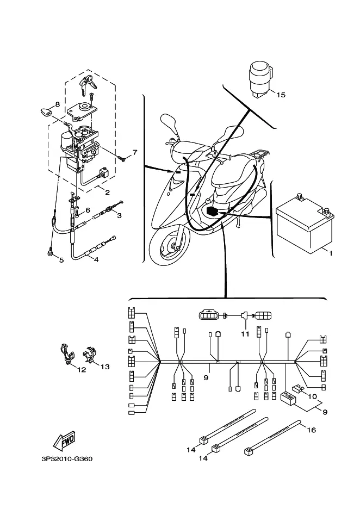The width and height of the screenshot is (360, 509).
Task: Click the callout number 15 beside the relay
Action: [x=281, y=95]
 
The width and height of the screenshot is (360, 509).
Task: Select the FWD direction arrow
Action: [x=64, y=441]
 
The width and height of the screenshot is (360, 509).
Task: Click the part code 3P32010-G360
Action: [x=67, y=459]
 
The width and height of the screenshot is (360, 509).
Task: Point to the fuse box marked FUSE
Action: [x=288, y=398]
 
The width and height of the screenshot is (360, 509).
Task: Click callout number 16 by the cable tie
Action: [x=311, y=430]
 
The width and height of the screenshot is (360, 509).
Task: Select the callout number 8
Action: [x=58, y=104]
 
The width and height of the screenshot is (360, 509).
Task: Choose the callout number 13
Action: [x=105, y=367]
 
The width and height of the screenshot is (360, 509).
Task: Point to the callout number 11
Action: [x=245, y=334]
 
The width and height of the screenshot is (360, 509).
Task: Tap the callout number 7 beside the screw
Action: [x=135, y=152]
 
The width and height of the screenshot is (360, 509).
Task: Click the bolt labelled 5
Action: [x=51, y=253]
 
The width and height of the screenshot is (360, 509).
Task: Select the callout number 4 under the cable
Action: [x=96, y=260]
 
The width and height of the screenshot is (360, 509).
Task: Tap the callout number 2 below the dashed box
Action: [x=107, y=193]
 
